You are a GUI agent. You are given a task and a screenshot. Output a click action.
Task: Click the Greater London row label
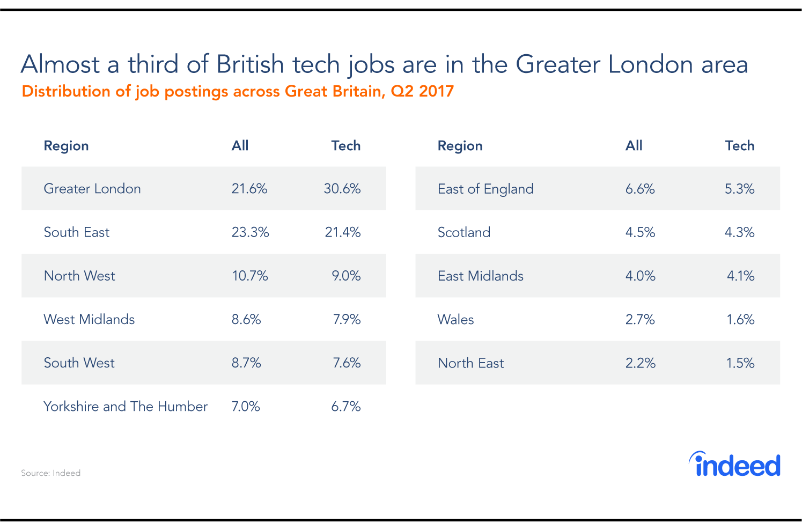tap(92, 189)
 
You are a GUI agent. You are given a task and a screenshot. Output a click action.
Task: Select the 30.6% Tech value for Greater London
tap(342, 189)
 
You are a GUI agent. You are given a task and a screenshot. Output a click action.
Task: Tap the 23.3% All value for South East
tap(250, 232)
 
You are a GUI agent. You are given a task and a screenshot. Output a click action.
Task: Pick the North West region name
tap(79, 276)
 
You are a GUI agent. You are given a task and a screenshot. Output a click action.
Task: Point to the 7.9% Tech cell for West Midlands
tap(347, 319)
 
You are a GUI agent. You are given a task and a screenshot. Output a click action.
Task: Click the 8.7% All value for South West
tap(246, 363)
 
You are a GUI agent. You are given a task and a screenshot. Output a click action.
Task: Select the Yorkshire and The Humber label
tap(126, 406)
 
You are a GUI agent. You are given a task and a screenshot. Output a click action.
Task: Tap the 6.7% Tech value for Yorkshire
tap(346, 406)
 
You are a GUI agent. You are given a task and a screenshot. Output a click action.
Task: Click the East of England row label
tap(485, 189)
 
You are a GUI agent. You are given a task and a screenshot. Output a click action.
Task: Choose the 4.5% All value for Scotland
tap(640, 232)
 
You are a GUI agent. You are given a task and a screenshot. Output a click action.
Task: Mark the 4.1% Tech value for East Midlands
tap(740, 276)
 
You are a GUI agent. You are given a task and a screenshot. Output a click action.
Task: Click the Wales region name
tap(456, 319)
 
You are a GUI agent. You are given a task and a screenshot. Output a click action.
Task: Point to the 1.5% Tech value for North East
tap(740, 363)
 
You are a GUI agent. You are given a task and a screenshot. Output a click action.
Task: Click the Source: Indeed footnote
tap(51, 473)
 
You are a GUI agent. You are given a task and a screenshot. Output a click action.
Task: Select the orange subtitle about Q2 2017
tap(238, 91)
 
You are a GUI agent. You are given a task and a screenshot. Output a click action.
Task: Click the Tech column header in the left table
tap(345, 145)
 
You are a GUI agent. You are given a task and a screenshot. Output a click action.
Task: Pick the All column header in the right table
tap(634, 145)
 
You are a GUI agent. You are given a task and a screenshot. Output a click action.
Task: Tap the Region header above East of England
tap(460, 145)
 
